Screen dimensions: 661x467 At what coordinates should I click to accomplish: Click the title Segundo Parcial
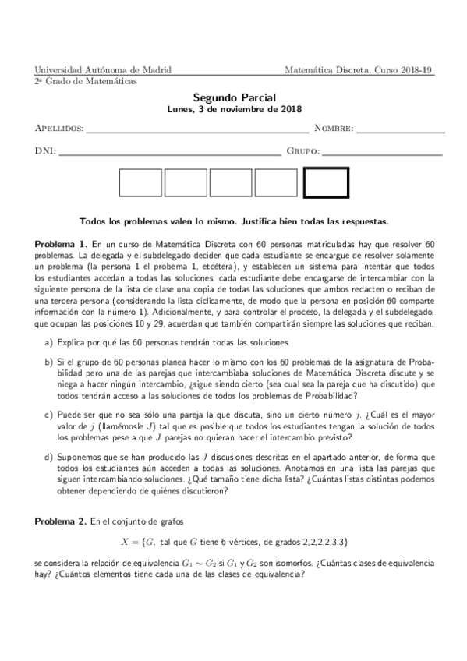234,99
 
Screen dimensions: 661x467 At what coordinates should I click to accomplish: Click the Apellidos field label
59,128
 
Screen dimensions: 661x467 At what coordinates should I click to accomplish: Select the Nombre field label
334,128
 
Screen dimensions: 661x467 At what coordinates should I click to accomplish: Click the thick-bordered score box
325,183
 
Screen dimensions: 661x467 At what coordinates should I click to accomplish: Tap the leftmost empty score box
140,183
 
